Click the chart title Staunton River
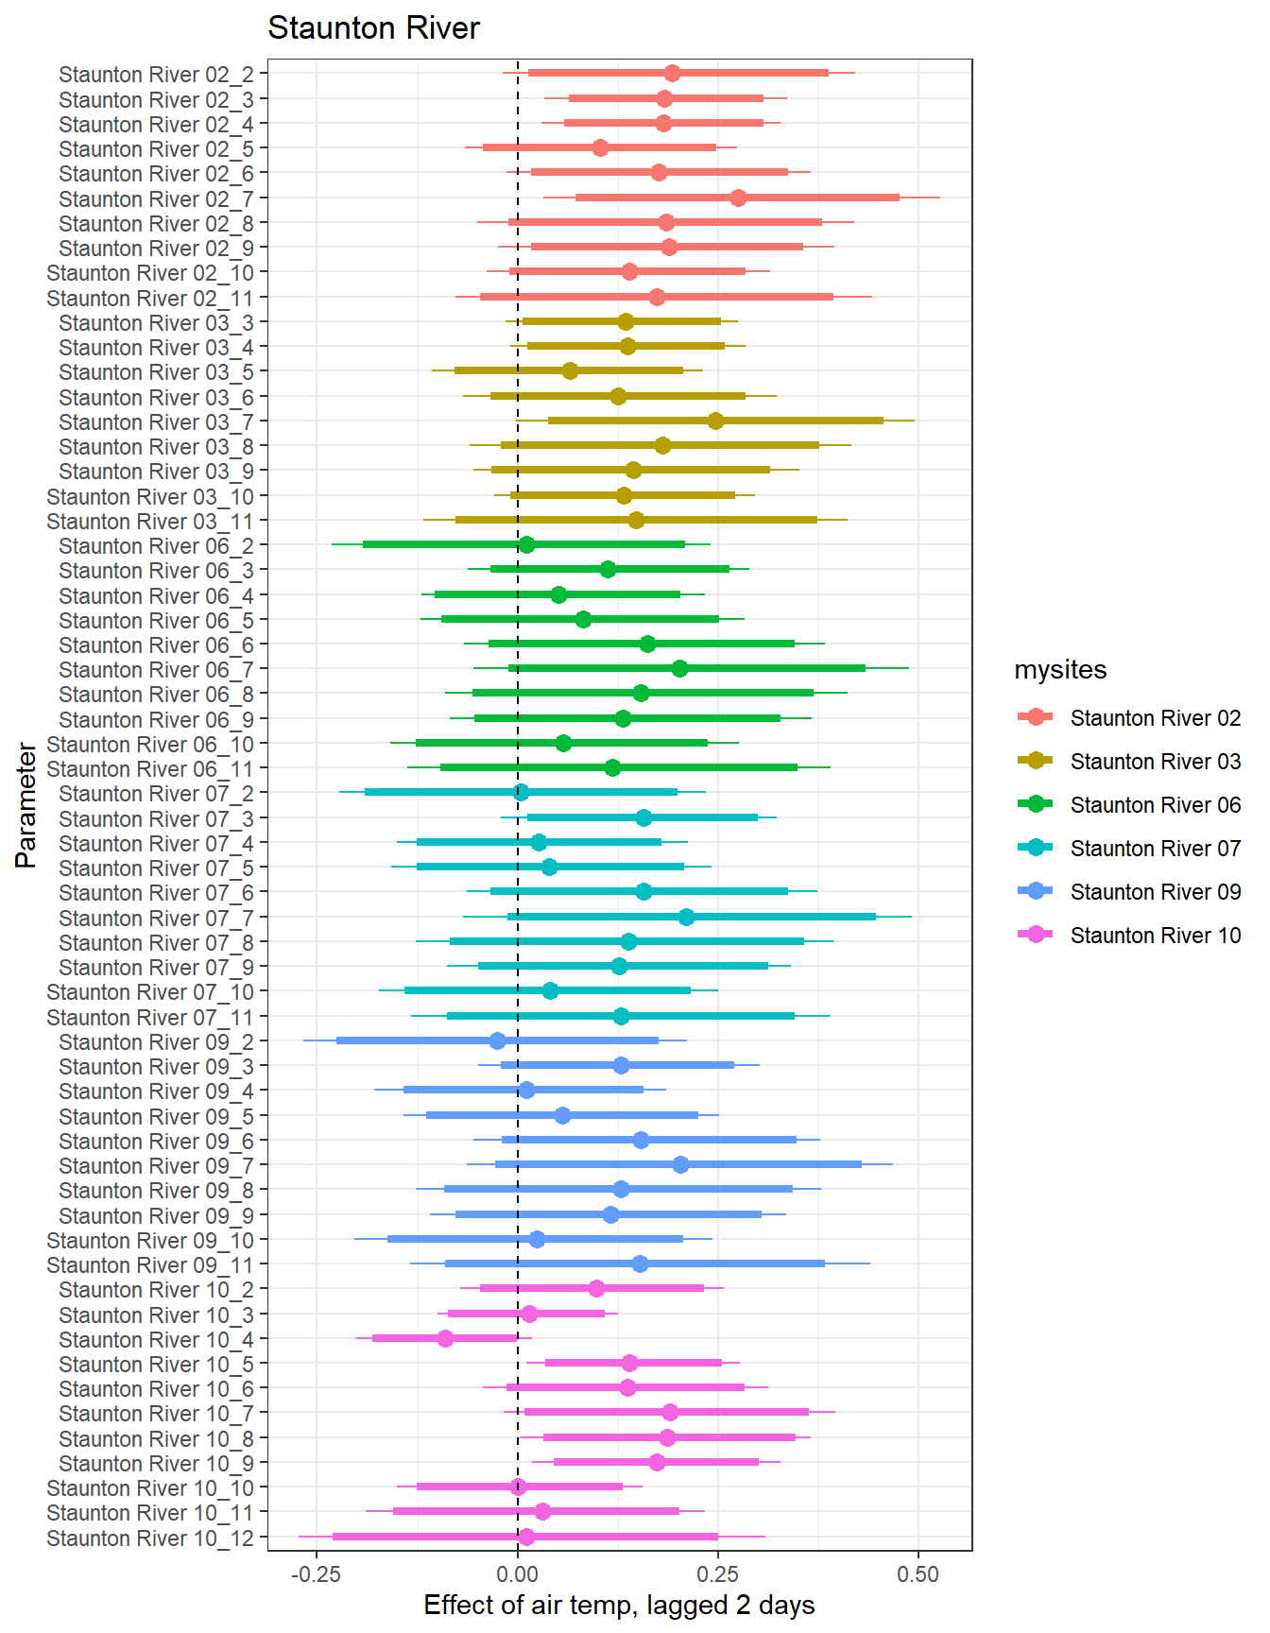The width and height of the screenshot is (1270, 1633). (x=373, y=28)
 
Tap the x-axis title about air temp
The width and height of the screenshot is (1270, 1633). (x=619, y=1605)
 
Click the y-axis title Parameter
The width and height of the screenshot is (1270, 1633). (x=26, y=805)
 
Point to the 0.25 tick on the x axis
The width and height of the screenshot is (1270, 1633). (x=717, y=1573)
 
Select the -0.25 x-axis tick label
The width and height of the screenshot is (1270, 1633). (x=316, y=1573)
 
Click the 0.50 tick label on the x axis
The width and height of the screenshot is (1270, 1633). (x=918, y=1573)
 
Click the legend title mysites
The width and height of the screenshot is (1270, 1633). (x=1060, y=670)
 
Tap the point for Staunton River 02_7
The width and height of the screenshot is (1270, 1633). (x=738, y=198)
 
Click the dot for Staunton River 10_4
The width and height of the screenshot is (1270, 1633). (x=445, y=1338)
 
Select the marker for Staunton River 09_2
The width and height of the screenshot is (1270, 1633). (x=497, y=1040)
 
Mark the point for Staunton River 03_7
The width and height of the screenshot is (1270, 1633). (x=715, y=421)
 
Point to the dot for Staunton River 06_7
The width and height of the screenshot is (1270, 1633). (x=679, y=668)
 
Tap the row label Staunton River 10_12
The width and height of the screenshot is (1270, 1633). (x=150, y=1538)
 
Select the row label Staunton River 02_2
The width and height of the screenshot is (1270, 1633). (x=156, y=75)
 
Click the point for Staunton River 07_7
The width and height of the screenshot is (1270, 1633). (x=686, y=917)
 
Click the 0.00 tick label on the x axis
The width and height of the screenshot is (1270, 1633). (x=517, y=1573)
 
